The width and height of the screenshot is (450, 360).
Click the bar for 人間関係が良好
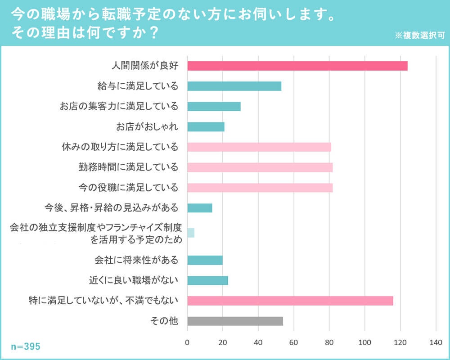(297, 66)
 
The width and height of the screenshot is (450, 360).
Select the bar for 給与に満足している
(234, 86)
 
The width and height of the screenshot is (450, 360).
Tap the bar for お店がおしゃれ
(206, 127)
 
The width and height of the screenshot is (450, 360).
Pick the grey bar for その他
(235, 321)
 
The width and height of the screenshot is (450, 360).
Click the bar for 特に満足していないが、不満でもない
(290, 301)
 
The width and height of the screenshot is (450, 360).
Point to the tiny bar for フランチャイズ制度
(191, 233)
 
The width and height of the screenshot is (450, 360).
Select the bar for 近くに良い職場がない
(207, 280)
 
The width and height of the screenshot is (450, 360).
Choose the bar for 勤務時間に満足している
(260, 167)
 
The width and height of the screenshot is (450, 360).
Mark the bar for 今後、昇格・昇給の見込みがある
(199, 208)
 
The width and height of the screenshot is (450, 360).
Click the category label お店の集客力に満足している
(119, 107)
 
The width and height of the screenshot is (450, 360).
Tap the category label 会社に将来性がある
(136, 260)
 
